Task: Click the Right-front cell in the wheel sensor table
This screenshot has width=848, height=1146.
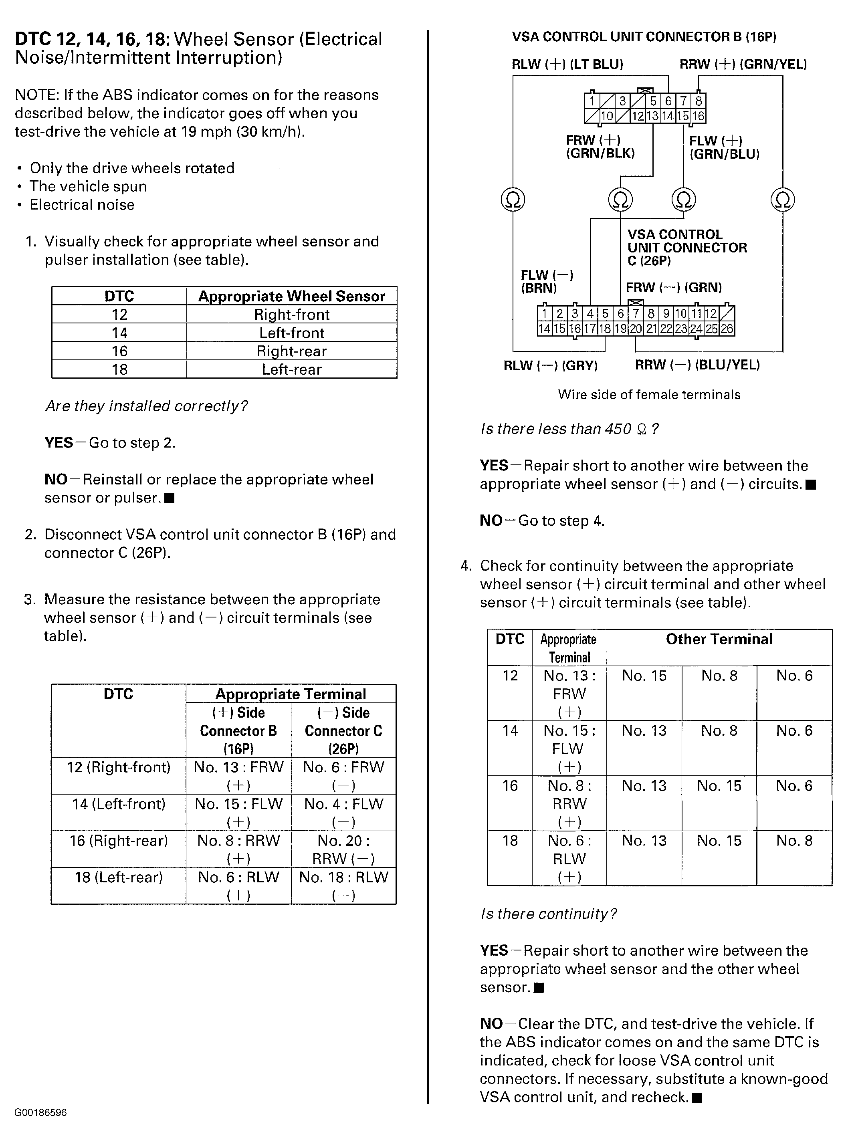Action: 292,314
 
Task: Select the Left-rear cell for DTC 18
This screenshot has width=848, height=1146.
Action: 292,369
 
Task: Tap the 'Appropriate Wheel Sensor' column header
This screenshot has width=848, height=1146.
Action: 292,296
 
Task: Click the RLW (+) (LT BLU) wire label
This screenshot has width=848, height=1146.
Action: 567,65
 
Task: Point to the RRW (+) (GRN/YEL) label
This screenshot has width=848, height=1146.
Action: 743,65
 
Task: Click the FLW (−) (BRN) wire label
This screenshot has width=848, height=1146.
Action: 547,281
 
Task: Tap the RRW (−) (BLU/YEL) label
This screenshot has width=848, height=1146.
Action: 697,365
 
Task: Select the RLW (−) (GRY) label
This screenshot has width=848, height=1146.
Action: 550,365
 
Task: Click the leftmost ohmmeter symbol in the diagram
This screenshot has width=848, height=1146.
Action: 513,199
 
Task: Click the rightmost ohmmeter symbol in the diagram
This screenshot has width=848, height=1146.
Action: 782,200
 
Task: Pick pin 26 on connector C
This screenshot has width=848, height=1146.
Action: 726,329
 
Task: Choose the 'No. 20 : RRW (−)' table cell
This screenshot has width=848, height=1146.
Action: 343,849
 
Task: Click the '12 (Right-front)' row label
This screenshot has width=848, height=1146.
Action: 119,767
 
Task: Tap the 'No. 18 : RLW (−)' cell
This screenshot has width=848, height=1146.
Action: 343,886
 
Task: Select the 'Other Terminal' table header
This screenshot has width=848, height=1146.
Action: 719,639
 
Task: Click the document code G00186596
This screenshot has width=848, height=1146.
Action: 40,1113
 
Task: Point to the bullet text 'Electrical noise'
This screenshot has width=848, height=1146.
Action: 82,205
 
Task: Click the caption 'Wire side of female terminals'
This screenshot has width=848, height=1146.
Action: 649,395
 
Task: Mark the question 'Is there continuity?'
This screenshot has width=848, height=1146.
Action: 548,914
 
